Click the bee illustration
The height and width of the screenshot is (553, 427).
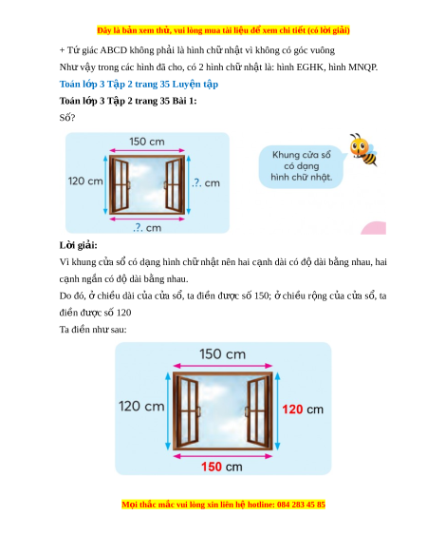tap(362, 149)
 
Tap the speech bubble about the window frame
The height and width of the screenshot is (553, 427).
tap(301, 166)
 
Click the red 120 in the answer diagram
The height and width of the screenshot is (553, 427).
tap(292, 410)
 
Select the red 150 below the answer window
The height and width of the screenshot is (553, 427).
tap(212, 467)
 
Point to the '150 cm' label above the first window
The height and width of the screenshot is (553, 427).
tap(147, 142)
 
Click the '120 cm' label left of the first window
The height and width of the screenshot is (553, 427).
tap(85, 181)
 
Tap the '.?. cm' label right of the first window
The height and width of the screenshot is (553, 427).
tap(206, 182)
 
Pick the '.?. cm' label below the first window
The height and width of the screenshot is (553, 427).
tap(147, 227)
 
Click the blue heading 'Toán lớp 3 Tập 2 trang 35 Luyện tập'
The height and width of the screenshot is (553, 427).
tap(139, 85)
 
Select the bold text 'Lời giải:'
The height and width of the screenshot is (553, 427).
tap(78, 245)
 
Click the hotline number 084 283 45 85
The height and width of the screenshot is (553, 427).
tap(301, 505)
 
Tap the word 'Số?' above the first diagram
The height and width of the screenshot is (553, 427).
tap(67, 118)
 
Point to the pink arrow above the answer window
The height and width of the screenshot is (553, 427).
tap(223, 366)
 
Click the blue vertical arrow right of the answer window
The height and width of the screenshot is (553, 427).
tap(277, 411)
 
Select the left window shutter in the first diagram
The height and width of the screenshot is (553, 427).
tap(121, 184)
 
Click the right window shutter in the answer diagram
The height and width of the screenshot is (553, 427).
tap(258, 411)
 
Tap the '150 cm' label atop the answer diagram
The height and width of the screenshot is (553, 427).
tap(223, 354)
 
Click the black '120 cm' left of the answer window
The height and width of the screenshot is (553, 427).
tap(141, 406)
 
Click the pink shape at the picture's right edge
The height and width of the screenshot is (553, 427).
tap(374, 228)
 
